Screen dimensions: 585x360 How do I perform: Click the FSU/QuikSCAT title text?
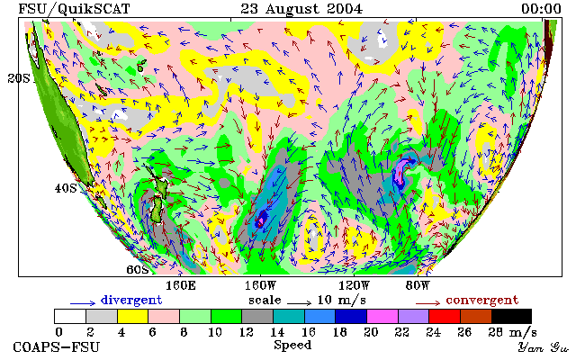coord(74,9)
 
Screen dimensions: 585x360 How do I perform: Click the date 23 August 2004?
coord(301,9)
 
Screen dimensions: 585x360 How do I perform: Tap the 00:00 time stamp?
coord(541,9)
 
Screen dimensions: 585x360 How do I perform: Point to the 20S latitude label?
coord(19,78)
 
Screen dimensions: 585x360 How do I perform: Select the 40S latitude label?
coord(66,188)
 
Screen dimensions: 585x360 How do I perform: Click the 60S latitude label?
coord(138,269)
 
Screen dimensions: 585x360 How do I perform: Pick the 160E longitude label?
coord(181,286)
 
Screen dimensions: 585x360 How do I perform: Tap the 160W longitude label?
coord(260,286)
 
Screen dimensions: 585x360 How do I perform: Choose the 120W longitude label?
coord(354,286)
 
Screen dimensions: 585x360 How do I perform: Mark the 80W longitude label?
coord(418,286)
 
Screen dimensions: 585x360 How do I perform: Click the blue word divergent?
coord(131,300)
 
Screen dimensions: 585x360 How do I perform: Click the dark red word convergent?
coord(482,300)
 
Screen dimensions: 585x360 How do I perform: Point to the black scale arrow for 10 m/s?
coord(299,302)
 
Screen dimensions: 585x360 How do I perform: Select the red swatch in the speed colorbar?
coord(445,316)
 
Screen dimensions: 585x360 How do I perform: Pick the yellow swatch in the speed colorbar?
coord(133,316)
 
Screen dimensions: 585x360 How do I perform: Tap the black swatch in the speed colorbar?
coord(511,316)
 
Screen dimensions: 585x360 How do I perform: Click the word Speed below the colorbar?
coord(292,346)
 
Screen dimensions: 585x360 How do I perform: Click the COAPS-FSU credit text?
coord(57,346)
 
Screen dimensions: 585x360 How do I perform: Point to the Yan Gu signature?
coord(544,347)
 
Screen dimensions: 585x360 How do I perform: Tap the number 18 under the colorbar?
coord(339,332)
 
